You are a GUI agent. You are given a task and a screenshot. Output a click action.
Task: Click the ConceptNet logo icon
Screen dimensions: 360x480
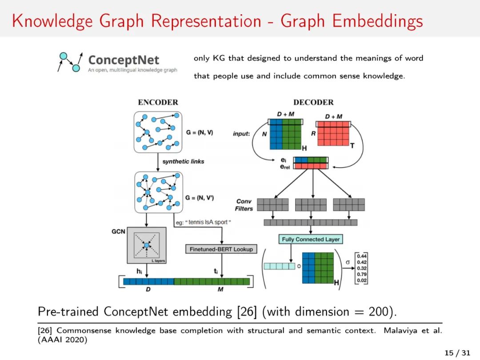click(x=70, y=62)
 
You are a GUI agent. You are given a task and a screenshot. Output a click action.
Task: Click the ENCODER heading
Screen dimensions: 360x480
click(x=158, y=102)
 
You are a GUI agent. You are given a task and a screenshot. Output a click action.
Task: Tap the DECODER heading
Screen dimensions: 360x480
click(x=313, y=102)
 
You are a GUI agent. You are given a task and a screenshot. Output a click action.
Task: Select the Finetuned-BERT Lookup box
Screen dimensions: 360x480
click(x=221, y=249)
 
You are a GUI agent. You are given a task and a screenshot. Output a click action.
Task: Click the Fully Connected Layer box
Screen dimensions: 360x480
click(x=311, y=239)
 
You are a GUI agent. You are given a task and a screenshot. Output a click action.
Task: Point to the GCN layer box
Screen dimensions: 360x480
click(x=146, y=245)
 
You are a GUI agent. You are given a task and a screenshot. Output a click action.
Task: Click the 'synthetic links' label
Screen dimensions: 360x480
click(x=183, y=161)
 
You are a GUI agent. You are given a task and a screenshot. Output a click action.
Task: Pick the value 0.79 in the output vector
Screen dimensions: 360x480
click(x=362, y=274)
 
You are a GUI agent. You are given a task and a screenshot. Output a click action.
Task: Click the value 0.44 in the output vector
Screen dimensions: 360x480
click(x=362, y=256)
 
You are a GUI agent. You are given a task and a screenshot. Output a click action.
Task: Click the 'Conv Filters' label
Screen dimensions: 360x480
click(x=244, y=205)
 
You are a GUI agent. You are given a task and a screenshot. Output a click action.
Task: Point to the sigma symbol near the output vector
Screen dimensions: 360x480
click(x=348, y=263)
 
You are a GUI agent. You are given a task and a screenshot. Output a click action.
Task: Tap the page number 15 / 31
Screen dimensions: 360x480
click(x=457, y=352)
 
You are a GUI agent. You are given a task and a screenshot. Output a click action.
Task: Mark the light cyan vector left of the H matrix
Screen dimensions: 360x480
click(x=279, y=266)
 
